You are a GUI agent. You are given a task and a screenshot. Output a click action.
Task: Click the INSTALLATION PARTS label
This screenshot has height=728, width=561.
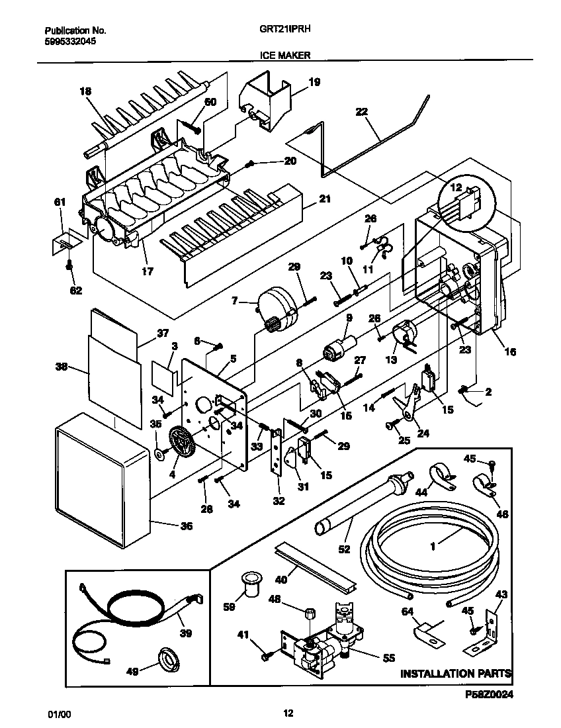pyautogui.click(x=456, y=674)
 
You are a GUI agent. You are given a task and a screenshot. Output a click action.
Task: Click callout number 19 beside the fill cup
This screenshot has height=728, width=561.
pyautogui.click(x=314, y=82)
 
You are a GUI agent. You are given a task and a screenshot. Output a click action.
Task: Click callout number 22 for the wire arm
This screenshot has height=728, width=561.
pyautogui.click(x=361, y=112)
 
